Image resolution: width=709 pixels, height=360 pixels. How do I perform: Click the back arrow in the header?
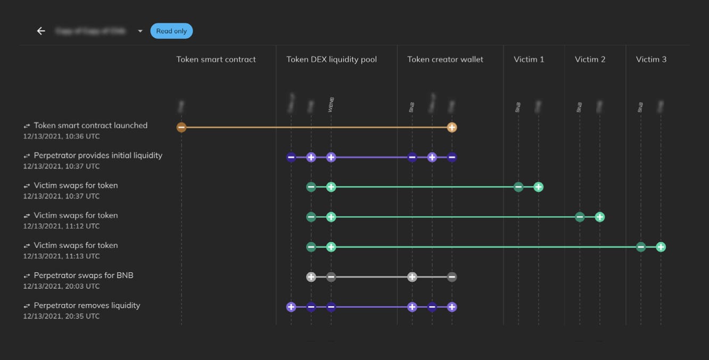[x=41, y=31]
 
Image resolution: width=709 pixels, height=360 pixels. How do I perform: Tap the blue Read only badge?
[x=171, y=31]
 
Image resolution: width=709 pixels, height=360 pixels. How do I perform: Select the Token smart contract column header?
[x=216, y=59]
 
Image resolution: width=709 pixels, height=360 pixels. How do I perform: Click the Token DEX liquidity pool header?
[x=332, y=59]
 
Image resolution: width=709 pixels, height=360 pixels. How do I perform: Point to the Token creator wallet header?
[x=445, y=59]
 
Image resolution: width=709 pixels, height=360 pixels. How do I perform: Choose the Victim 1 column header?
[x=529, y=59]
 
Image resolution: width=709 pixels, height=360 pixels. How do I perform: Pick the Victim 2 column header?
[x=590, y=59]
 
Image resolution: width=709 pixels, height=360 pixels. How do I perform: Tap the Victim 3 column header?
[x=651, y=59]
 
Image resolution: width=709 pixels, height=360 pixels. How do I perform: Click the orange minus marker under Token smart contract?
[x=182, y=127]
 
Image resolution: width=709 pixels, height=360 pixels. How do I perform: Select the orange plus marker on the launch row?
[x=452, y=127]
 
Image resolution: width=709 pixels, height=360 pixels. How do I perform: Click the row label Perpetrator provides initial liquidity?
[x=98, y=156]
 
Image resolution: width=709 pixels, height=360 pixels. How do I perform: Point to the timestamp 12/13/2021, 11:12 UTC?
[x=61, y=226]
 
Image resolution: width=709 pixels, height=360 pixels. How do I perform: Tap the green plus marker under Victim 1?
[x=538, y=187]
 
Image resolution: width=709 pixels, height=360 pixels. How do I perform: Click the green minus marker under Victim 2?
[x=580, y=217]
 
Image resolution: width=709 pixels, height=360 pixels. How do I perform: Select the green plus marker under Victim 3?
[x=661, y=247]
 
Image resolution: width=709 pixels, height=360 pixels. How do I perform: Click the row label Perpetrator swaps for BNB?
[x=84, y=275]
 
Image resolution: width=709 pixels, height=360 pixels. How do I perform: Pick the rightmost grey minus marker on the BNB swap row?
[x=452, y=277]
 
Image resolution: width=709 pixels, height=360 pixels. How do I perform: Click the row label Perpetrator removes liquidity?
[x=87, y=305]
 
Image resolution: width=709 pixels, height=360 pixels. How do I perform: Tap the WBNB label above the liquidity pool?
[x=331, y=104]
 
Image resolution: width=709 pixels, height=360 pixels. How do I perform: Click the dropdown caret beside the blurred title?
[x=140, y=31]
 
